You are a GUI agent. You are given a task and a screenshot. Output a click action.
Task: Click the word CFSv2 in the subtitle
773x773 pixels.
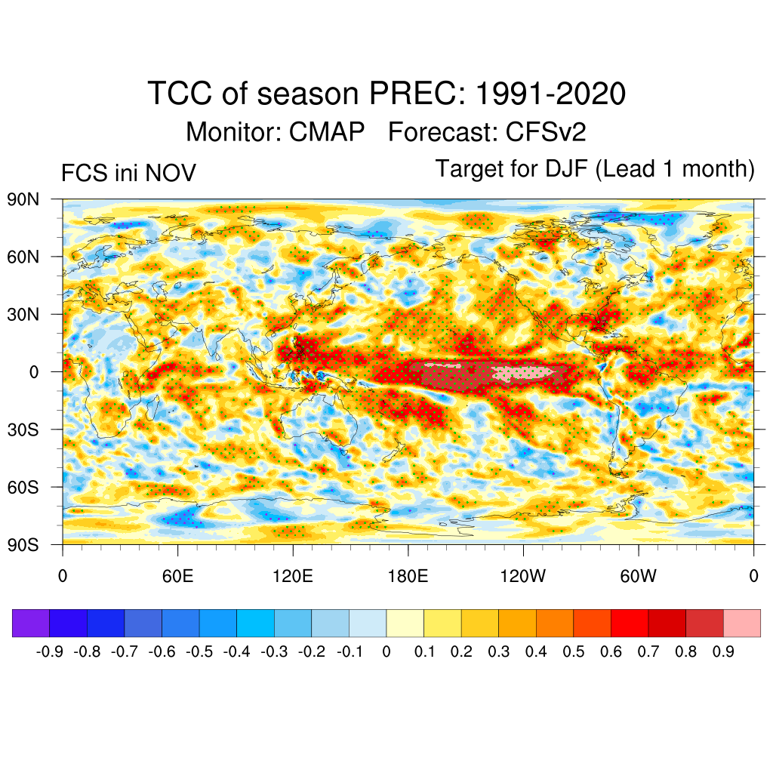pyautogui.click(x=546, y=132)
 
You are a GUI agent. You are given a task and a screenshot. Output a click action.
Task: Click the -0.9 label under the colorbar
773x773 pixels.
pyautogui.click(x=49, y=651)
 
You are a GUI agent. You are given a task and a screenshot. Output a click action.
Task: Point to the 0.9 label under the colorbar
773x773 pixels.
pyautogui.click(x=723, y=651)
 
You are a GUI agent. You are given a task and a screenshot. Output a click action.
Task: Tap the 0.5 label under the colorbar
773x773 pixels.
pyautogui.click(x=574, y=651)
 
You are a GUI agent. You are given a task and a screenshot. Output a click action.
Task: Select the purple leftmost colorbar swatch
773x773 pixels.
pyautogui.click(x=31, y=624)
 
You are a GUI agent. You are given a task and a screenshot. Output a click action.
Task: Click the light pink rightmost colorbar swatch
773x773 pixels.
pyautogui.click(x=742, y=624)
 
